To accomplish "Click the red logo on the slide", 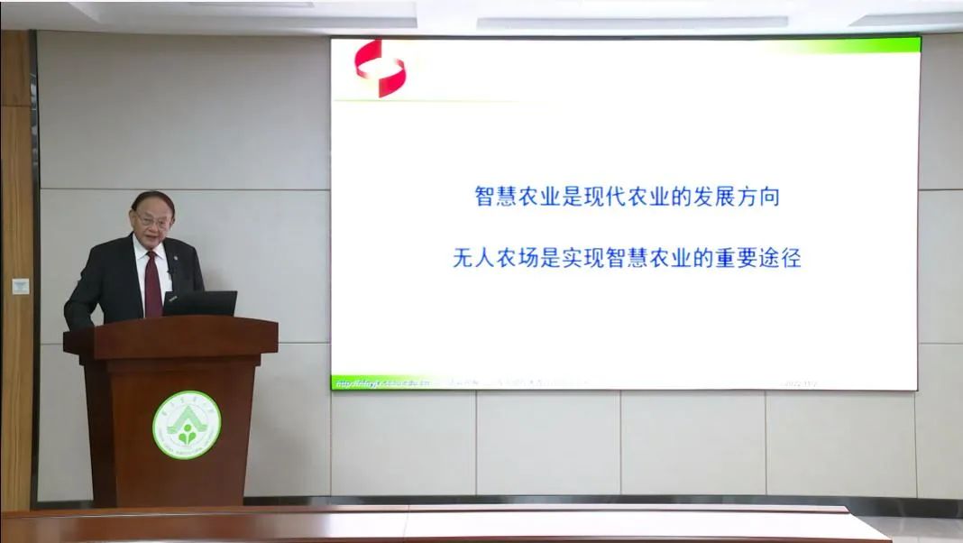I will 380,68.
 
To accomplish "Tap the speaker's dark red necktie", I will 152,283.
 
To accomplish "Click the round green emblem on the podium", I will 187,425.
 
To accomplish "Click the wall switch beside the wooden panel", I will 20,286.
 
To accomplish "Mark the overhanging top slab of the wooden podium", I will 170,335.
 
